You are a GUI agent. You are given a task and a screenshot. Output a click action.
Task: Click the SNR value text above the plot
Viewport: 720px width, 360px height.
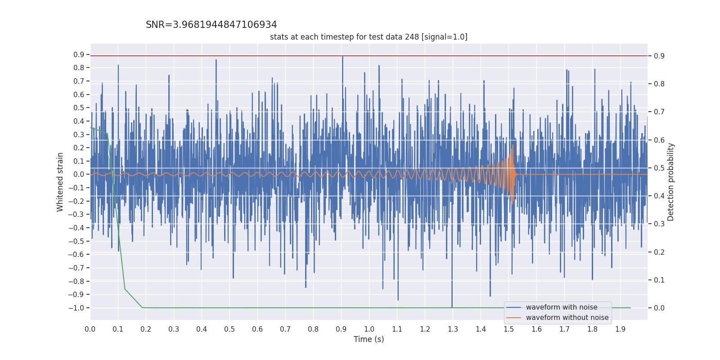click(x=211, y=25)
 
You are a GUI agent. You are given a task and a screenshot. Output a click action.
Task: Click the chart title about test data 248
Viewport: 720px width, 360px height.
click(x=369, y=37)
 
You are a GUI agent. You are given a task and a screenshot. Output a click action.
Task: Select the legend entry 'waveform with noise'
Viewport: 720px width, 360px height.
click(x=561, y=307)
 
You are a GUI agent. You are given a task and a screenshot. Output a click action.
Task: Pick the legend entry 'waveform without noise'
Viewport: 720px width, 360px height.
click(x=567, y=318)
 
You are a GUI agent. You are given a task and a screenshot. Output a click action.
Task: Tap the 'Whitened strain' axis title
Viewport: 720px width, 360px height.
click(x=60, y=182)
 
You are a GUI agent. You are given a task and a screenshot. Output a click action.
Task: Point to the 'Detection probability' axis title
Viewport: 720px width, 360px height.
click(x=671, y=182)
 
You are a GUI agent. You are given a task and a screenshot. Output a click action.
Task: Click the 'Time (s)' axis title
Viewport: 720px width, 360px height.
click(x=369, y=339)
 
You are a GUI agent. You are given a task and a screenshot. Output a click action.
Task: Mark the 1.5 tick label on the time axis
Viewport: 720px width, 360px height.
click(x=508, y=329)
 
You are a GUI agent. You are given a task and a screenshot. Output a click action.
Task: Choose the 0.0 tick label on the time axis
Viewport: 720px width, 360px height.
click(x=90, y=329)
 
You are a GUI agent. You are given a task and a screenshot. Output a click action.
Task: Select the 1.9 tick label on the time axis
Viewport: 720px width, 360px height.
click(x=620, y=329)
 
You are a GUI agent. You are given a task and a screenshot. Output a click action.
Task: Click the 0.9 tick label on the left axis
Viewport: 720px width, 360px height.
click(x=79, y=54)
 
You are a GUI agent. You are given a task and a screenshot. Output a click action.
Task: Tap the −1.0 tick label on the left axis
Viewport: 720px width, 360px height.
click(x=76, y=308)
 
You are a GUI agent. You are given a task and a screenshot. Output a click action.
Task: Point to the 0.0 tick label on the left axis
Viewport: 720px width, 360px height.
click(x=79, y=175)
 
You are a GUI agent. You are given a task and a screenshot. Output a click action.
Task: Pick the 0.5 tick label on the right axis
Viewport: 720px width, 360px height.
click(x=659, y=168)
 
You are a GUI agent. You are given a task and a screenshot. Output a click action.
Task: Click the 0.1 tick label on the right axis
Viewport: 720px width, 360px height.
click(x=659, y=280)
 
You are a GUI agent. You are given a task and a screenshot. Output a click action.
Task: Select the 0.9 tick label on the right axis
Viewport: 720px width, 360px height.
click(x=659, y=56)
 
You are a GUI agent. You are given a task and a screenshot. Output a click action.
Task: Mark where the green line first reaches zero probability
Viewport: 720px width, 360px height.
click(x=142, y=308)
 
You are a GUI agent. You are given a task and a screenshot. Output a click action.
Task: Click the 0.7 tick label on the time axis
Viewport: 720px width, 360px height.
click(x=285, y=329)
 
